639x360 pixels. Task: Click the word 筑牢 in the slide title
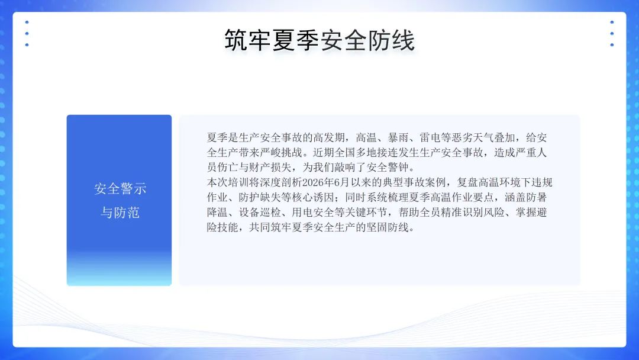click(x=248, y=40)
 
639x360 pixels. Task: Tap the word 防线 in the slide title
click(x=392, y=40)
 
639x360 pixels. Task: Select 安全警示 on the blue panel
click(x=120, y=189)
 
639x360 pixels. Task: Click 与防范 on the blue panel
click(x=120, y=213)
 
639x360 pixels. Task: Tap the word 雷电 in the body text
click(x=430, y=137)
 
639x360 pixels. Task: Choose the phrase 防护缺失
click(x=260, y=197)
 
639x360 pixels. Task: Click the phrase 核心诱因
click(x=313, y=197)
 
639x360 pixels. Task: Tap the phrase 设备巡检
click(x=260, y=213)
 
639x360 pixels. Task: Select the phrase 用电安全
click(x=313, y=213)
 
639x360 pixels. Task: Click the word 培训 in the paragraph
click(x=239, y=182)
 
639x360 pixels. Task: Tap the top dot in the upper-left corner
click(x=27, y=22)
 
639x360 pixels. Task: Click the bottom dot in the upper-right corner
click(x=612, y=45)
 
